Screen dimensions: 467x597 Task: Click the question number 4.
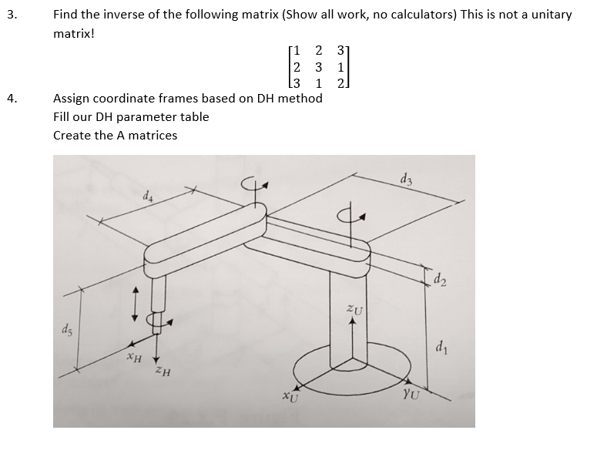(x=8, y=99)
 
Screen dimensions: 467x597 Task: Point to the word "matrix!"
(x=73, y=34)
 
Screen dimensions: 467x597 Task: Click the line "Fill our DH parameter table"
(x=131, y=117)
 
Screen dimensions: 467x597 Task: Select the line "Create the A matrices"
(x=115, y=136)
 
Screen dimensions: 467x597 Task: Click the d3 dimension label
(x=406, y=181)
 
